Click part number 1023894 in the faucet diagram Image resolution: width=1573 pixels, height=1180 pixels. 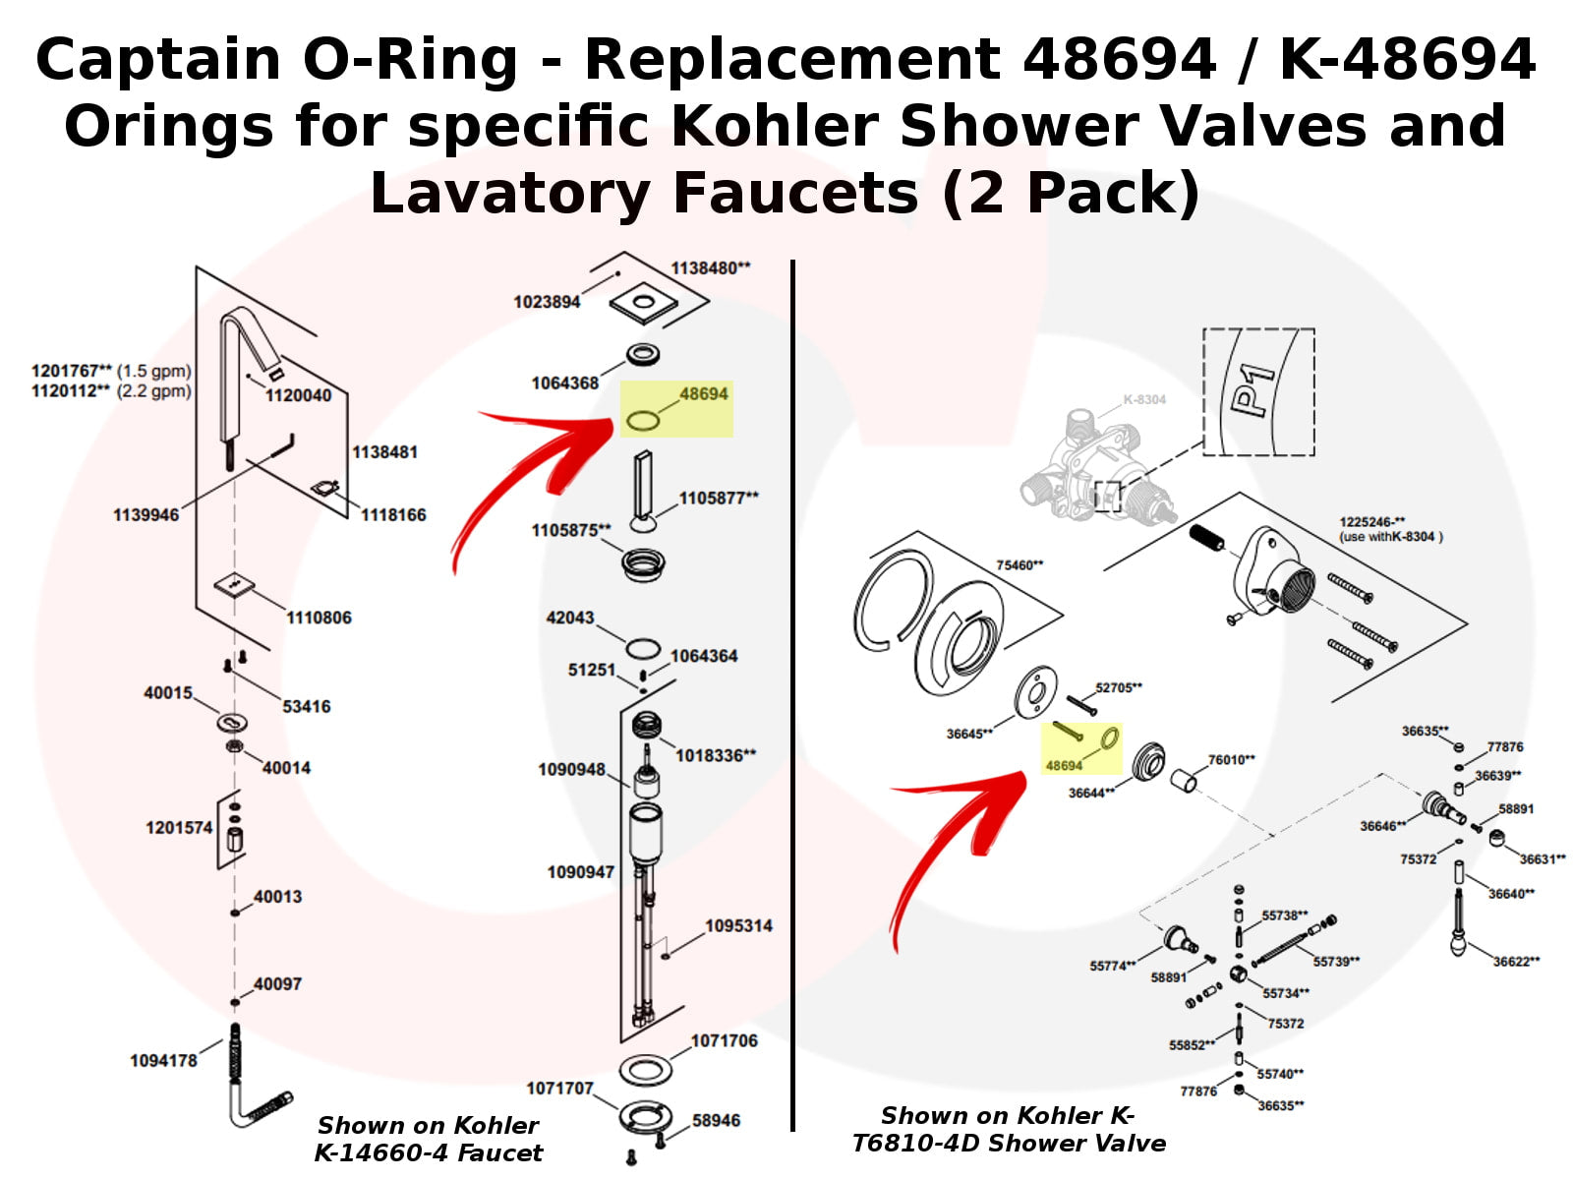click(x=547, y=302)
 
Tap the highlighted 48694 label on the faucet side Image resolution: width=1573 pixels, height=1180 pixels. click(x=703, y=393)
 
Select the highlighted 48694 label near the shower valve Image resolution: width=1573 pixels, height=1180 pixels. click(x=1063, y=765)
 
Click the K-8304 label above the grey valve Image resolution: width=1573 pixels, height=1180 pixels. click(x=1143, y=399)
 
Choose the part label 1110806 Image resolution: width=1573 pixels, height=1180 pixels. click(x=319, y=618)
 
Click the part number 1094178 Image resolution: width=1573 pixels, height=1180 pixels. click(x=163, y=1060)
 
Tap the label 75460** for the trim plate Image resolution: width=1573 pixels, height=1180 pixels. click(x=1020, y=565)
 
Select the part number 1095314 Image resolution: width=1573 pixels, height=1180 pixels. click(x=738, y=925)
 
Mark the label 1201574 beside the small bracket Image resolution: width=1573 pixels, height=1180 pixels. click(x=179, y=827)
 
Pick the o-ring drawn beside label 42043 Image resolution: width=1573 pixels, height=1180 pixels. click(x=643, y=649)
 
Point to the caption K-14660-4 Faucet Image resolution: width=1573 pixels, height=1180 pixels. click(x=428, y=1152)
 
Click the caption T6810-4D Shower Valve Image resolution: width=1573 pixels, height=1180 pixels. click(x=1008, y=1143)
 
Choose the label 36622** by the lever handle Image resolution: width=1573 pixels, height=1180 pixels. click(x=1516, y=961)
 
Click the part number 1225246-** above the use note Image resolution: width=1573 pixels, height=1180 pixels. click(x=1371, y=522)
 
